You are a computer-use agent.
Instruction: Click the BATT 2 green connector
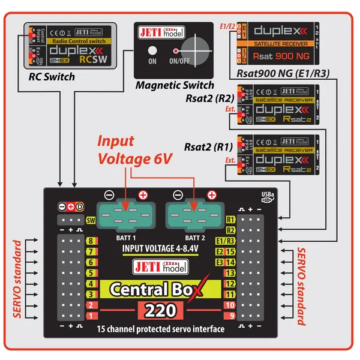pyautogui.click(x=191, y=214)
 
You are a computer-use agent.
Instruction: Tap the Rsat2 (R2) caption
pyautogui.click(x=209, y=98)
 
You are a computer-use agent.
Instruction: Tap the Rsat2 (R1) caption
pyautogui.click(x=209, y=148)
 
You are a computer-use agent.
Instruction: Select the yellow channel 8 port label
pyautogui.click(x=91, y=242)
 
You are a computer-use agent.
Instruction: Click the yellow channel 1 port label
pyautogui.click(x=91, y=315)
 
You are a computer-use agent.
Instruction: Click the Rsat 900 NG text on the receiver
pyautogui.click(x=282, y=55)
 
